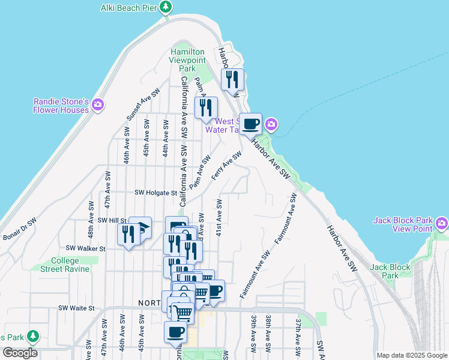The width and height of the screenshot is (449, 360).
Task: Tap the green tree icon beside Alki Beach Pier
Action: click(166, 8)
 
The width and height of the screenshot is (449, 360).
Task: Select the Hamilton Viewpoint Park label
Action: click(188, 61)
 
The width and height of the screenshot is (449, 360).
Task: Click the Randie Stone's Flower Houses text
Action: click(61, 106)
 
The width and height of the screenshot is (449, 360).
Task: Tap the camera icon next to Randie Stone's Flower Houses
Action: click(98, 106)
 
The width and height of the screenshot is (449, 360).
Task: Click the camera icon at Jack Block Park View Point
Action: click(442, 224)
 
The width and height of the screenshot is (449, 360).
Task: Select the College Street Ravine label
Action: click(70, 265)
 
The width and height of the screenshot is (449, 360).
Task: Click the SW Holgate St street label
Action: click(156, 193)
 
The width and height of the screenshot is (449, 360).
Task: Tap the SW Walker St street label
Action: click(86, 248)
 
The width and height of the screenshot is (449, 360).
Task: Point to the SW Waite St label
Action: click(77, 308)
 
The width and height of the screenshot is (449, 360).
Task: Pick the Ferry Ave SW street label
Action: click(226, 166)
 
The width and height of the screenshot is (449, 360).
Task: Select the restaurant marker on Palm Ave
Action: click(206, 108)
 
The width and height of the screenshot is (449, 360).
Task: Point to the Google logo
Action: click(20, 353)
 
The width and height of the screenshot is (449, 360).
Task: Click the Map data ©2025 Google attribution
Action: click(412, 355)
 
